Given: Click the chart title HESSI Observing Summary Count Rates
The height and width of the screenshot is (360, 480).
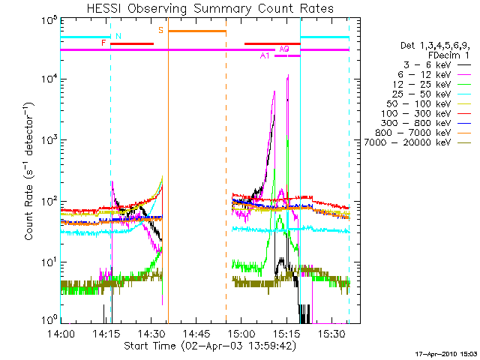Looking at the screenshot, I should pos(209,8).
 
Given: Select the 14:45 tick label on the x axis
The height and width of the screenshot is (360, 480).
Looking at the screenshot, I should pos(196,334).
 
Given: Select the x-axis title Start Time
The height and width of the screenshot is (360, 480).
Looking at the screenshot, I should pos(210,346).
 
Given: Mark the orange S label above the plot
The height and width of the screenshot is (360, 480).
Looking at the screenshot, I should pos(160,29).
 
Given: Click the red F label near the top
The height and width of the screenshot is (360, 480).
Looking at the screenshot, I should pos(103,43).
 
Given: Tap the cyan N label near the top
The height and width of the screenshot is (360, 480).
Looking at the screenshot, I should pos(118,36).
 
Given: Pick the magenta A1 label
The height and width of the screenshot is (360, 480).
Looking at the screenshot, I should pos(264,56).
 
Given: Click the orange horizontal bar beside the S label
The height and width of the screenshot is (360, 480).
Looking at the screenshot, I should pos(196,31).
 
